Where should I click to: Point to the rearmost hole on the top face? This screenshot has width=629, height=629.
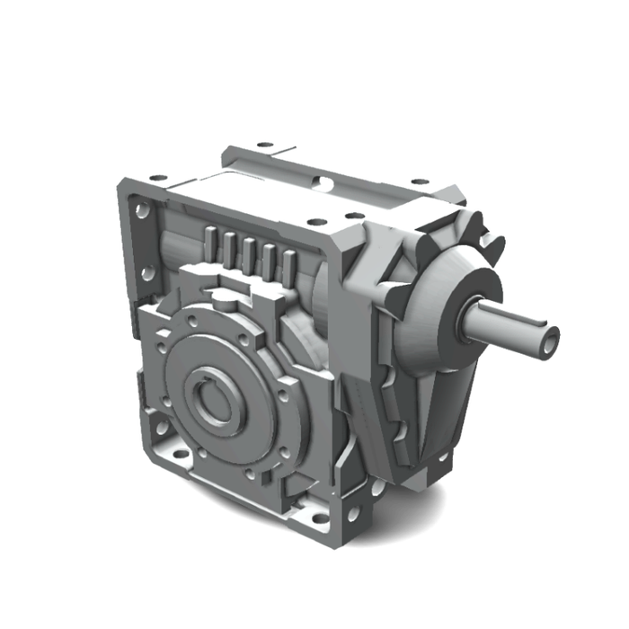tap(263, 144)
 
